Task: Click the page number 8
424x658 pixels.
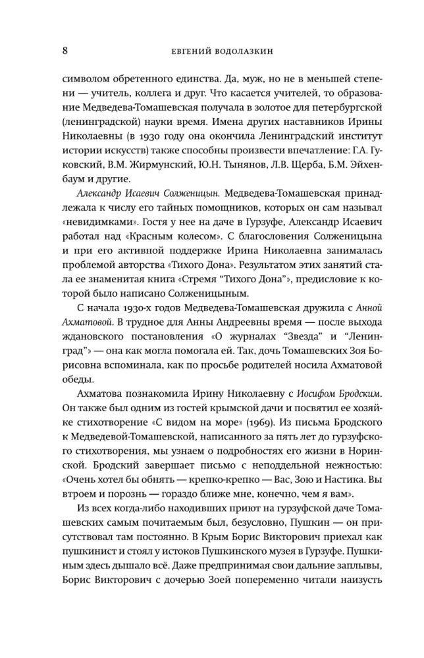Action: coord(65,49)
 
